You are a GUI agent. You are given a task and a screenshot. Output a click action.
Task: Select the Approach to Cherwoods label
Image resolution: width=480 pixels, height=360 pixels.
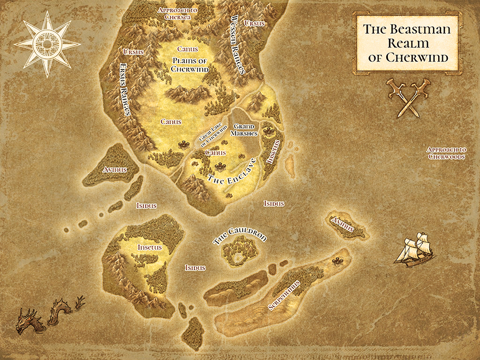click(446, 153)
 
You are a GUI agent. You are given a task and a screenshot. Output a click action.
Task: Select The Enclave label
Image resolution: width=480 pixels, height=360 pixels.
click(232, 173)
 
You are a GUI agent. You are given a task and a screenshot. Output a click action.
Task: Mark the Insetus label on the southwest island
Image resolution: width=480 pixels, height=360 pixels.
click(150, 247)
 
